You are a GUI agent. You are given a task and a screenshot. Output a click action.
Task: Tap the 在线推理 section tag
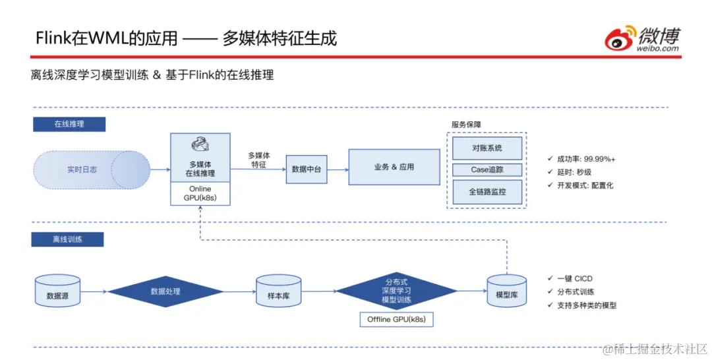pos(69,123)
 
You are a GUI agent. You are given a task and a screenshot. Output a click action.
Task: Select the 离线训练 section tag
pos(67,239)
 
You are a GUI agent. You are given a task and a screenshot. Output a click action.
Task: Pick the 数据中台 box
pos(307,169)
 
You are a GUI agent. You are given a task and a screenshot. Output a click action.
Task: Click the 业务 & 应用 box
pos(394,167)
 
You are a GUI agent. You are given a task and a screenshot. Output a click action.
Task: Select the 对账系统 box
pos(487,148)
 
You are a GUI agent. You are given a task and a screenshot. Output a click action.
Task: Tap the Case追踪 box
pos(487,170)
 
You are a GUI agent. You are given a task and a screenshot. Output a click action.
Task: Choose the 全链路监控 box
pos(487,192)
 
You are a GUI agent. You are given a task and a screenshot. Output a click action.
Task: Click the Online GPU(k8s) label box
pos(200,193)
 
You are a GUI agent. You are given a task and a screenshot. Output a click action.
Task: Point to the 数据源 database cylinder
pos(57,291)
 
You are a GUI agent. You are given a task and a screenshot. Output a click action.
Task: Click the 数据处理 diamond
pos(165,291)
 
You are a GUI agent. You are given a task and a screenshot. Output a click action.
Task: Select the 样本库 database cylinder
pos(278,291)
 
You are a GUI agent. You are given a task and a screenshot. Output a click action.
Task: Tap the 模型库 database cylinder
pos(506,291)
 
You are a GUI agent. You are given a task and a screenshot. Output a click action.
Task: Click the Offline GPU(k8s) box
pos(396,319)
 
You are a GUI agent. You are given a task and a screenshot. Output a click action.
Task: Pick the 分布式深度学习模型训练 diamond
pos(396,290)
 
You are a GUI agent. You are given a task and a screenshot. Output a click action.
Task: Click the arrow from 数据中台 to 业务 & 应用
pos(338,169)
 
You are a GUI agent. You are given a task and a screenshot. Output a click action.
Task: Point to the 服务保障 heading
pos(466,124)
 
